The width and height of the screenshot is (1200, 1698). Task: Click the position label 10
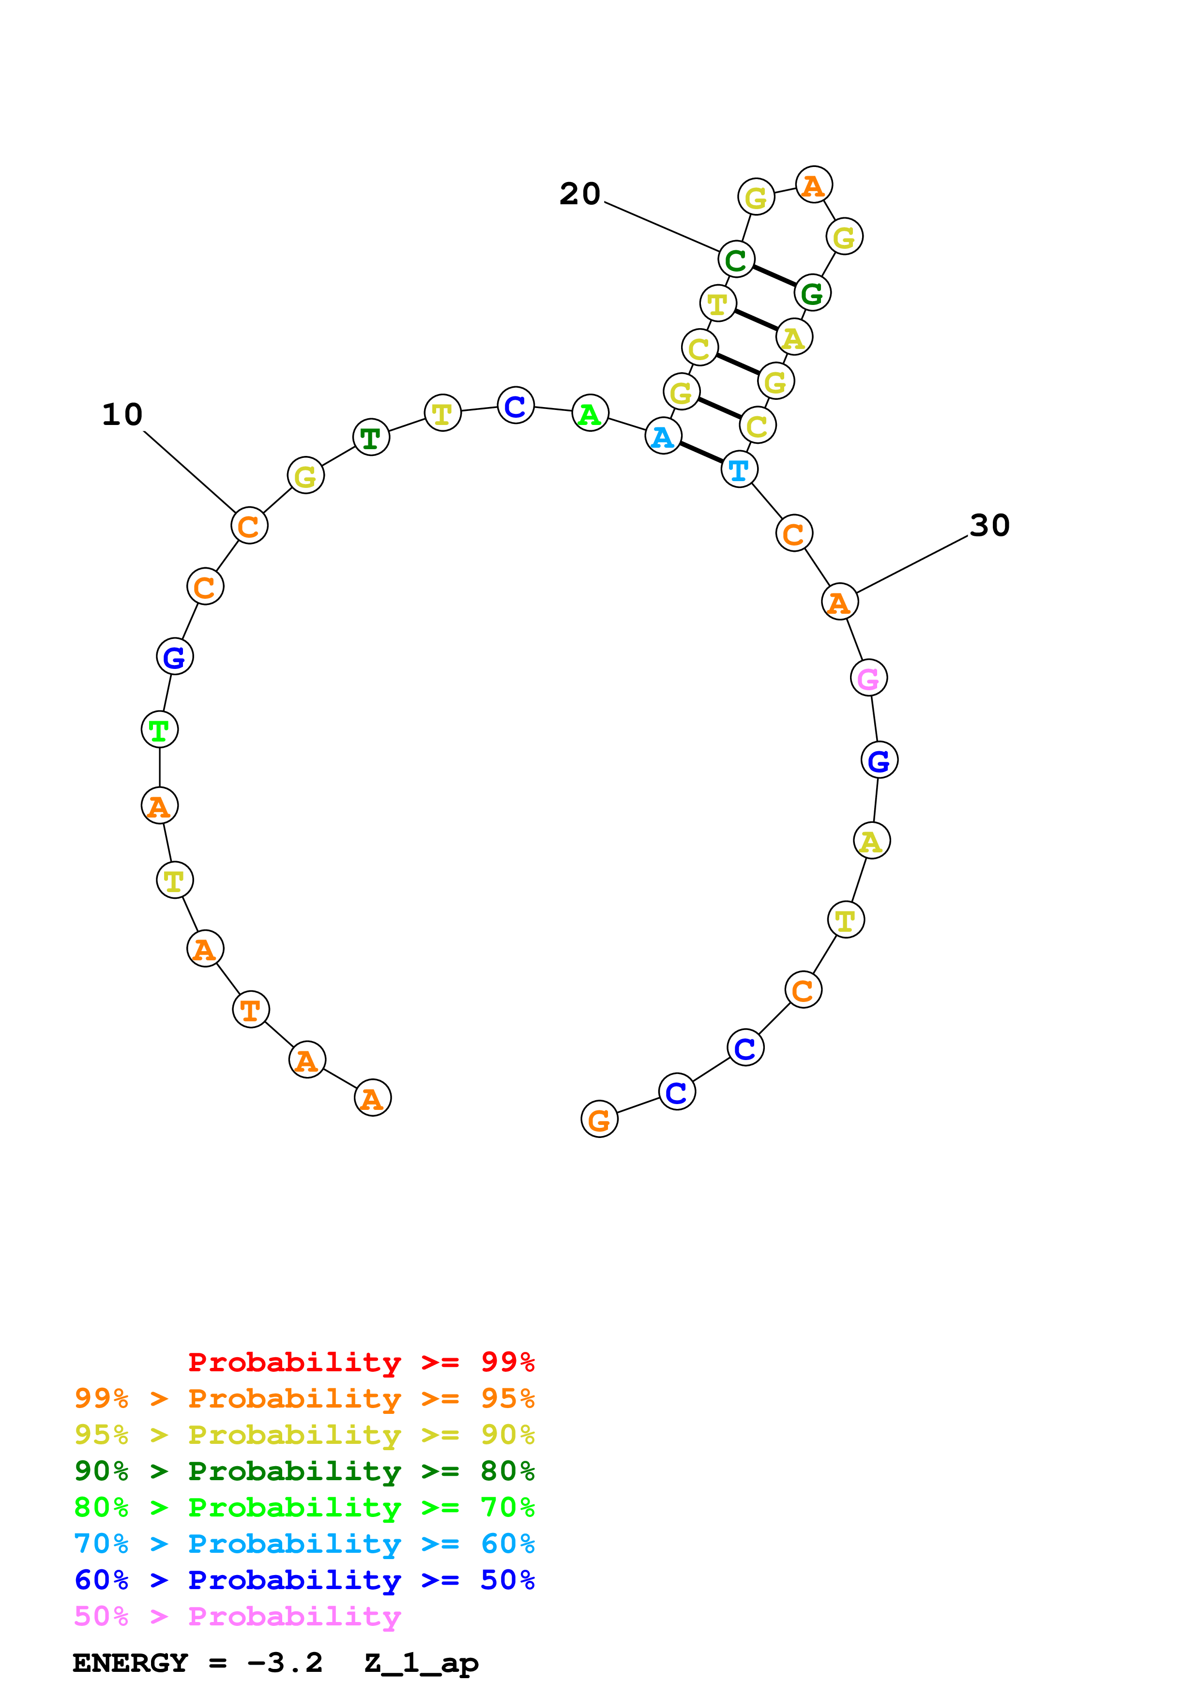[x=122, y=415]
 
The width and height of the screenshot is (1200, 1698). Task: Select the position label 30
[x=989, y=526]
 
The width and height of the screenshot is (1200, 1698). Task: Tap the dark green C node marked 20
[x=736, y=259]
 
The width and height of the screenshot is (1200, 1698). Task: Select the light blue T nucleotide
[x=739, y=470]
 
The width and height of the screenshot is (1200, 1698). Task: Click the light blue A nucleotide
[x=663, y=436]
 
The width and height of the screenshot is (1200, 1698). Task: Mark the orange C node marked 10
[x=249, y=526]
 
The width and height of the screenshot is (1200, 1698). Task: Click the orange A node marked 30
[x=840, y=602]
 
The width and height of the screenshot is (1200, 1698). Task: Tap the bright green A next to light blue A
[x=590, y=413]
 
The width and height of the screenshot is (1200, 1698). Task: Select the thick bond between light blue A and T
[x=701, y=453]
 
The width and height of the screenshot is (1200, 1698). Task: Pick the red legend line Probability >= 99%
[x=361, y=1362]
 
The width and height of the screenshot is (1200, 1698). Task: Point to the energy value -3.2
[x=285, y=1663]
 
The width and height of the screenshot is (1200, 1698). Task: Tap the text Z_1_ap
[x=422, y=1663]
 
